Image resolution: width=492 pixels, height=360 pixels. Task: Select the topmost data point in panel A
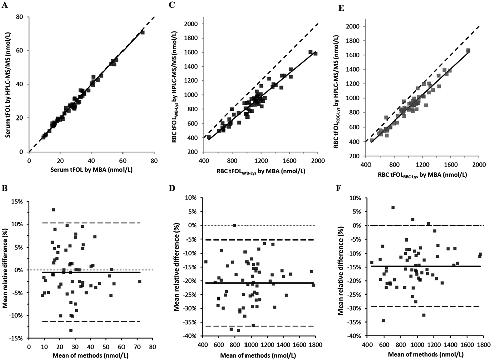(142, 32)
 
